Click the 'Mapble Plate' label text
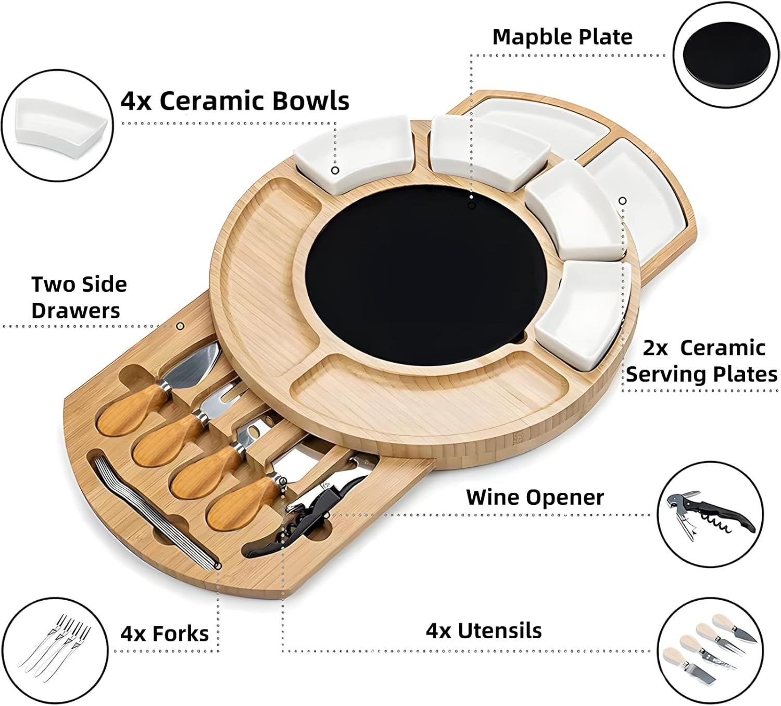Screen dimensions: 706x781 (562, 37)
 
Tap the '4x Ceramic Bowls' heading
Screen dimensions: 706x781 (235, 101)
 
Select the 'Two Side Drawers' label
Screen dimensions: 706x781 (79, 298)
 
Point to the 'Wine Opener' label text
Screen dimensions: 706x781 (535, 497)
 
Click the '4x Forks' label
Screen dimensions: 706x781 (165, 634)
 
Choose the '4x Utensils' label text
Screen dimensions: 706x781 (484, 630)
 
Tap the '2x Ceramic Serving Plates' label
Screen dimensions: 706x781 (702, 361)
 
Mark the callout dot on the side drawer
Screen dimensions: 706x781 (180, 326)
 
